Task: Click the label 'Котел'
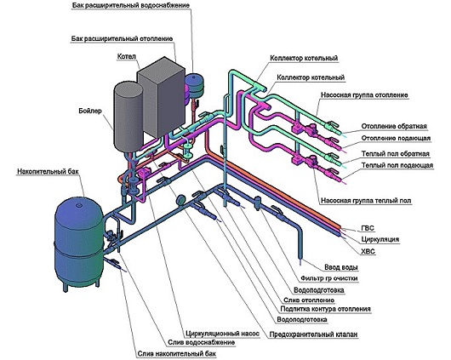tap(126, 56)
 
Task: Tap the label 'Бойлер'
tap(90, 111)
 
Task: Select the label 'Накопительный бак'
tap(48, 172)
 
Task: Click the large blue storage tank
tap(79, 243)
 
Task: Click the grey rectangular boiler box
tap(162, 97)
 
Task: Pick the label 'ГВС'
tap(368, 228)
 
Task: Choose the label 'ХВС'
tap(368, 251)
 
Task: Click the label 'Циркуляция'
tap(380, 239)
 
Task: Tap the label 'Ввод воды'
tap(341, 267)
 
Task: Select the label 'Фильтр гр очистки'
tap(329, 278)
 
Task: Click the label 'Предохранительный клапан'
tap(313, 334)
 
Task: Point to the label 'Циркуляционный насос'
tap(222, 334)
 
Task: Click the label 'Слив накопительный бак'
tap(177, 354)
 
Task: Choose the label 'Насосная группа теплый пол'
tap(366, 200)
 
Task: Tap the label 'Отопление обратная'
tap(394, 126)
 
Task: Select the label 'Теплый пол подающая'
tap(397, 165)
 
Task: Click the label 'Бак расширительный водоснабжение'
tap(130, 5)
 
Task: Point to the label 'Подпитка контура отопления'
tap(325, 309)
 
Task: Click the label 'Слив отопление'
tap(309, 300)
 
